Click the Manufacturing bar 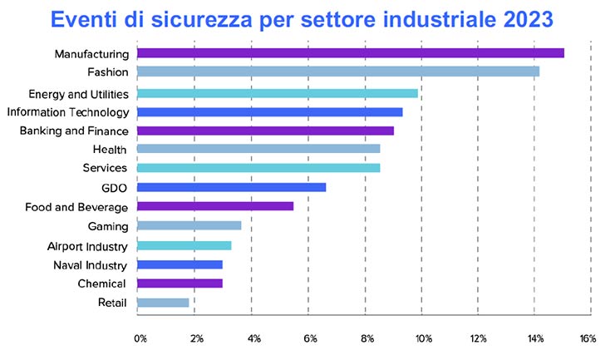click(x=350, y=53)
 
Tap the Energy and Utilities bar click(x=277, y=93)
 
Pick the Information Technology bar click(x=269, y=111)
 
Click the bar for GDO click(x=231, y=187)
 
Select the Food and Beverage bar click(x=214, y=205)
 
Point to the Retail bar click(x=163, y=303)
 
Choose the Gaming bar click(x=189, y=225)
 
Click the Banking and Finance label click(x=73, y=131)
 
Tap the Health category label click(x=110, y=150)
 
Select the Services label click(x=105, y=168)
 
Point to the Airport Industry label click(x=87, y=246)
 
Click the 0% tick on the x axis click(x=140, y=338)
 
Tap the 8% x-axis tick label click(x=367, y=338)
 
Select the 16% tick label click(x=588, y=338)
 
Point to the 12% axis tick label click(x=479, y=338)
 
